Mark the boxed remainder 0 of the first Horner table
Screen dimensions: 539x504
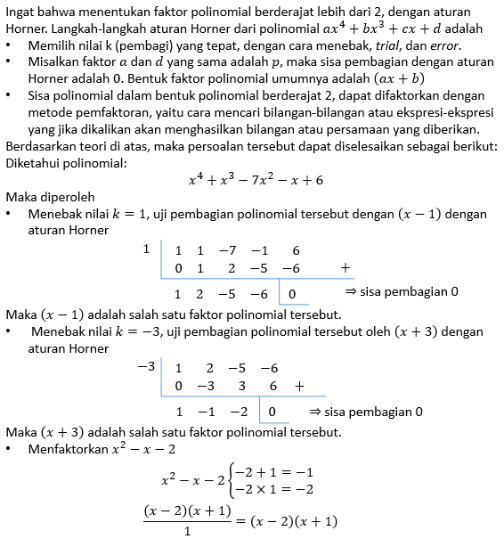292,293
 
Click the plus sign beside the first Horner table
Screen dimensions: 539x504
344,267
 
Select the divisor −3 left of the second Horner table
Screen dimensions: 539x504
143,367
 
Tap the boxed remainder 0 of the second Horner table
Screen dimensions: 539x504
272,412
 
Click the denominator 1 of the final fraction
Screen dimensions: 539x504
188,531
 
